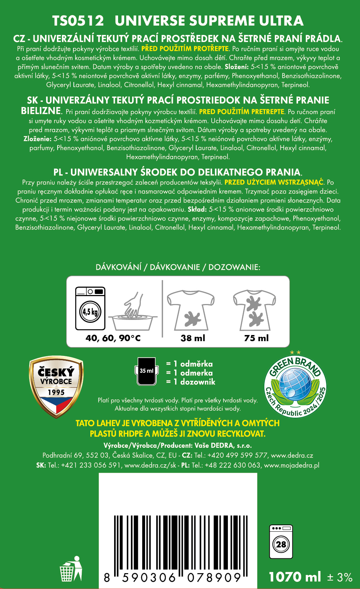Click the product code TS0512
[78, 21]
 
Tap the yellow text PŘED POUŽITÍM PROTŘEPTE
[185, 49]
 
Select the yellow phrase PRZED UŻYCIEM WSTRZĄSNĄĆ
[274, 182]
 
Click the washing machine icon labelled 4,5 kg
[90, 308]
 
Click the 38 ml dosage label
[193, 338]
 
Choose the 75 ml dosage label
[256, 338]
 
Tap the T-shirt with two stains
[255, 310]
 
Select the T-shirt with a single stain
[191, 310]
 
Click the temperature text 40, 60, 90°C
[113, 338]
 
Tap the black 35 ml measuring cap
[147, 371]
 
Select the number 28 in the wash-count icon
[281, 544]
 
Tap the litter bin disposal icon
[71, 569]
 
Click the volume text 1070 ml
[295, 577]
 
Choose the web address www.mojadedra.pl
[292, 465]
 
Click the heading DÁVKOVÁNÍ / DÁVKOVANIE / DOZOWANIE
[178, 267]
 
